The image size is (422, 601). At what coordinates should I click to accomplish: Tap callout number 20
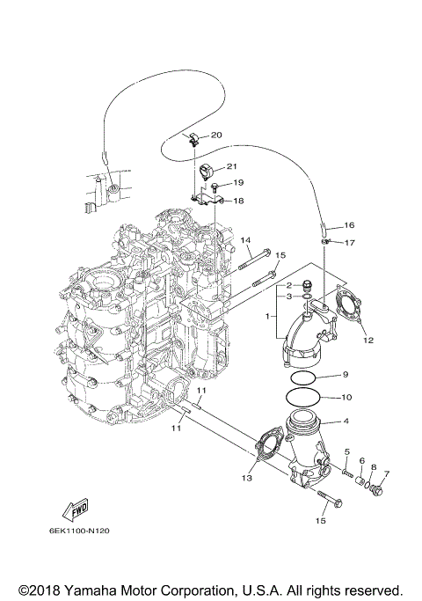216,135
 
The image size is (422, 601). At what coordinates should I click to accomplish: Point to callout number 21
232,166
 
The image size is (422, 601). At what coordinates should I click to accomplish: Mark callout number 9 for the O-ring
346,375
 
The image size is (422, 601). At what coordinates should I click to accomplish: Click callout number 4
346,421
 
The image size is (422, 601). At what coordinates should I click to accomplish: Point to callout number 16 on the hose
349,225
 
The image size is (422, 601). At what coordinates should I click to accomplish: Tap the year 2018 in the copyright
43,589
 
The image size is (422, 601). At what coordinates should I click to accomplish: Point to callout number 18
238,201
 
